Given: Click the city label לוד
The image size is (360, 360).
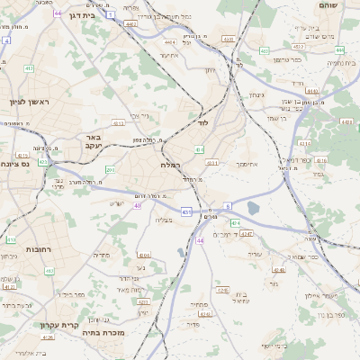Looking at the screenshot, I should (x=203, y=120).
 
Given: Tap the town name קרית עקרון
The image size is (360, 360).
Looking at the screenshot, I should (x=59, y=324).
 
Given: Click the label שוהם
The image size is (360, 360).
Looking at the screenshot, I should (x=327, y=5).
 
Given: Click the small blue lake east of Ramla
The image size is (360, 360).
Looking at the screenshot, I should (x=252, y=209).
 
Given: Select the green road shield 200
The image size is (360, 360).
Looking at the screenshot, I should (x=110, y=169).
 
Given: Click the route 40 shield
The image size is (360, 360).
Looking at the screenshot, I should (x=138, y=205).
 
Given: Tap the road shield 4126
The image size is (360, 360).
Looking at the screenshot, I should (x=48, y=337).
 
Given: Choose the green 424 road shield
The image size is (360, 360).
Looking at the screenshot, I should (x=234, y=222).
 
